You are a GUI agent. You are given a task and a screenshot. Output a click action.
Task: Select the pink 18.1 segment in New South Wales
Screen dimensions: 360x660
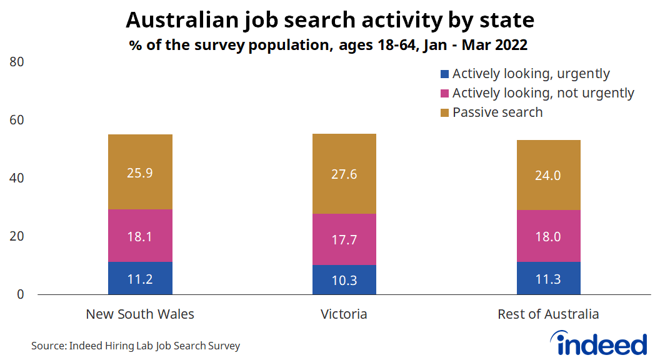(x=140, y=236)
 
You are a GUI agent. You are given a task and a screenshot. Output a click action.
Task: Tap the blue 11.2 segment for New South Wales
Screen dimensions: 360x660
(x=140, y=278)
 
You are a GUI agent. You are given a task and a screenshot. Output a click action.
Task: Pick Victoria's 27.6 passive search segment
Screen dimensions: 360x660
(x=344, y=174)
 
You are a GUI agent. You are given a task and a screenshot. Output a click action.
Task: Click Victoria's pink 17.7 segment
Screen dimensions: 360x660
(x=344, y=239)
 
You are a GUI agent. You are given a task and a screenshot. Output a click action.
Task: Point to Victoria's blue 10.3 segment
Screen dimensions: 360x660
(x=344, y=279)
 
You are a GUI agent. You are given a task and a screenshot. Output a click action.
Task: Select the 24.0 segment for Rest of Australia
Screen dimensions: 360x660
(x=549, y=175)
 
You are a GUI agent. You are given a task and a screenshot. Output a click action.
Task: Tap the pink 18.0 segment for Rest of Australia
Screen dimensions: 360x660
(x=549, y=236)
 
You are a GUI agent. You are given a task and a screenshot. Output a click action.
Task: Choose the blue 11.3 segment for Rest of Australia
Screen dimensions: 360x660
(x=549, y=278)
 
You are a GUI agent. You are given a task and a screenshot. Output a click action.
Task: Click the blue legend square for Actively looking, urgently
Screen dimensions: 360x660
(x=444, y=74)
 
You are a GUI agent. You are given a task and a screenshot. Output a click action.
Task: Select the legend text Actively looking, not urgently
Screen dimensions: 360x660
(x=543, y=93)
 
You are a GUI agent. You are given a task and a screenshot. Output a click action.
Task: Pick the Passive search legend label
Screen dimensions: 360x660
(x=497, y=112)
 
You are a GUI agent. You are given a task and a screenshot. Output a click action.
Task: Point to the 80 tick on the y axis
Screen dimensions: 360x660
(x=17, y=62)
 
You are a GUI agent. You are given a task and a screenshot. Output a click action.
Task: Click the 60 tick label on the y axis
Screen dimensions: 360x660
(x=17, y=120)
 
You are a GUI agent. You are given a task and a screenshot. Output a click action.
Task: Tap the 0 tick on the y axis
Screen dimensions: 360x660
(x=21, y=294)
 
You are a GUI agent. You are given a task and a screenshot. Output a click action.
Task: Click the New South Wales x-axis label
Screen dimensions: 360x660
(x=140, y=314)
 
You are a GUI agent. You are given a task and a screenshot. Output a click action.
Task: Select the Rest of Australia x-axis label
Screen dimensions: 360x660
(x=548, y=314)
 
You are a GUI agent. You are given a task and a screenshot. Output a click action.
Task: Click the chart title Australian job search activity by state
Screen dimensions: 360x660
(x=330, y=21)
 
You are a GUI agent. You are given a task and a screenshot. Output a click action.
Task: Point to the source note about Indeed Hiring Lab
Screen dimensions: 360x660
(x=136, y=346)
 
